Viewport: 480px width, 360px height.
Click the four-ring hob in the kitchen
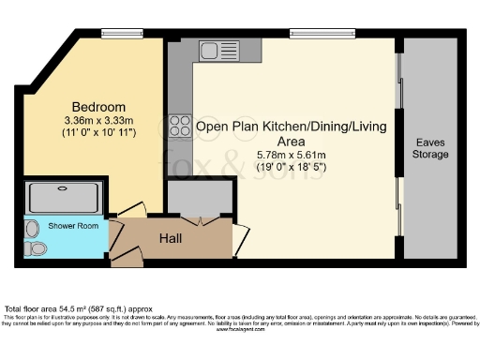[179, 126]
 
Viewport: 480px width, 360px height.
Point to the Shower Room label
[48, 226]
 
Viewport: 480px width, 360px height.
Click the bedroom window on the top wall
[115, 35]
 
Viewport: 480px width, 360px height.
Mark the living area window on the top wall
[322, 35]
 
